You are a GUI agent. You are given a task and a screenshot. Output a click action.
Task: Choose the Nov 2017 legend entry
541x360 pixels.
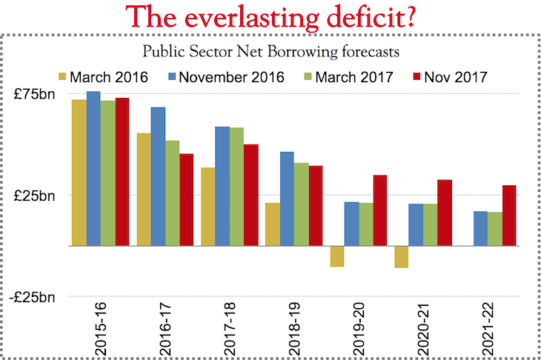tap(445, 76)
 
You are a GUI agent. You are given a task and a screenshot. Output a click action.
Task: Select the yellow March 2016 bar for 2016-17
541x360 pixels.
tap(144, 189)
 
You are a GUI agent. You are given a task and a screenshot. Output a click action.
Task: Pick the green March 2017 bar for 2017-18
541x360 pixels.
tap(237, 186)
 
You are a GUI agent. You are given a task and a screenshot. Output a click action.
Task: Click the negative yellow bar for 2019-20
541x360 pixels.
tap(338, 256)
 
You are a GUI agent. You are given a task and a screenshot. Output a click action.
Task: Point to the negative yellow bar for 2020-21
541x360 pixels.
tap(402, 256)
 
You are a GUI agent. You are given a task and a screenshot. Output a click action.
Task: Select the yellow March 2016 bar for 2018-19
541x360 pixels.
tap(273, 224)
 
